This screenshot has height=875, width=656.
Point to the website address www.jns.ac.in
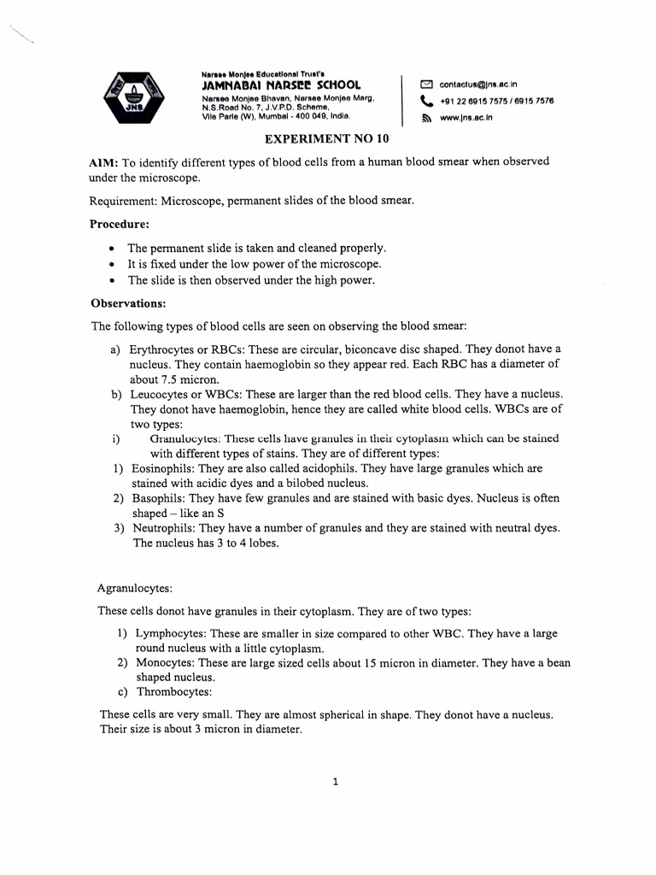(466, 118)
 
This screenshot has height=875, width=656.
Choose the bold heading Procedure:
(120, 224)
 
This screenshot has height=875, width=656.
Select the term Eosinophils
(162, 468)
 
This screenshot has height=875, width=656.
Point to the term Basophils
(159, 498)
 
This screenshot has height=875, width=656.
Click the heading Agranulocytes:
(135, 588)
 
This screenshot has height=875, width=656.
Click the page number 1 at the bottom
(336, 781)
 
